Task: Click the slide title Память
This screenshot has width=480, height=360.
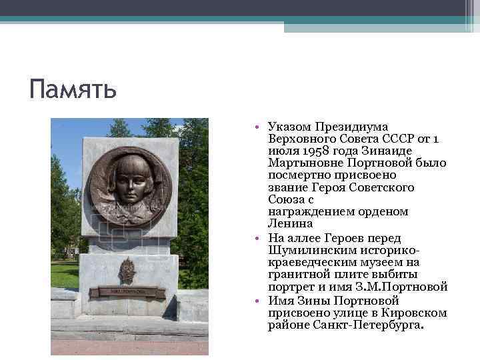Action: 73,88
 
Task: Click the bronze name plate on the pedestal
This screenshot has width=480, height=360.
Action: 127,291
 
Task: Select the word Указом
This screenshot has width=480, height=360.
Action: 289,127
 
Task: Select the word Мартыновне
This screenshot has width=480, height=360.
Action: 301,163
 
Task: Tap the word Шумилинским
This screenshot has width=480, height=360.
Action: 307,249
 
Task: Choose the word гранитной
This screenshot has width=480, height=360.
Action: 297,274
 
